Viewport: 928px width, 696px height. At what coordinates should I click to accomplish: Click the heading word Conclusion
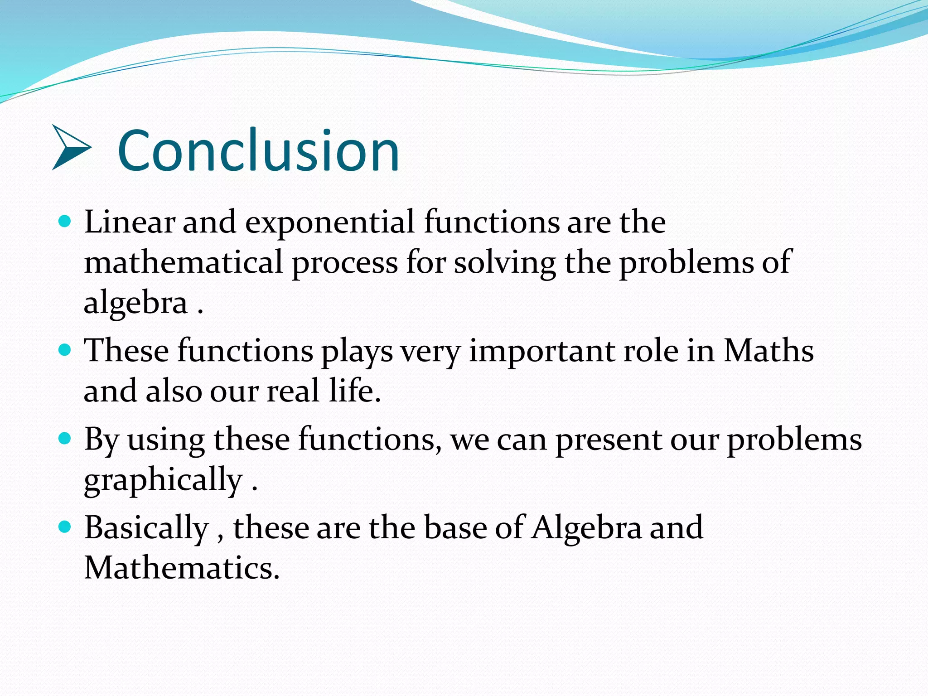click(x=258, y=150)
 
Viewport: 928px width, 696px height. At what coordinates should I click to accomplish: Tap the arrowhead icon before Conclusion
click(x=71, y=148)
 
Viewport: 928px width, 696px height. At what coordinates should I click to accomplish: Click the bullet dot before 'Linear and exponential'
click(x=65, y=222)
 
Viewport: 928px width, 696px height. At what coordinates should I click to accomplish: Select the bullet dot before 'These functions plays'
click(x=65, y=350)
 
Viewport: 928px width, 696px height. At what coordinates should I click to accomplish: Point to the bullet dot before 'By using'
click(x=65, y=439)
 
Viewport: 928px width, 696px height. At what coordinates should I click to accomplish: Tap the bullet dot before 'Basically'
click(x=65, y=527)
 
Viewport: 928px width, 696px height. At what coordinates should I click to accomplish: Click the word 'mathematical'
click(x=184, y=262)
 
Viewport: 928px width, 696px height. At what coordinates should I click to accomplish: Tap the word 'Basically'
click(x=146, y=528)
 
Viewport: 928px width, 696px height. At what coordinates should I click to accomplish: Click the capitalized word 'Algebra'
click(x=586, y=528)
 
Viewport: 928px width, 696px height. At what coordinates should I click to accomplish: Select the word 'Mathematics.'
click(x=182, y=567)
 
